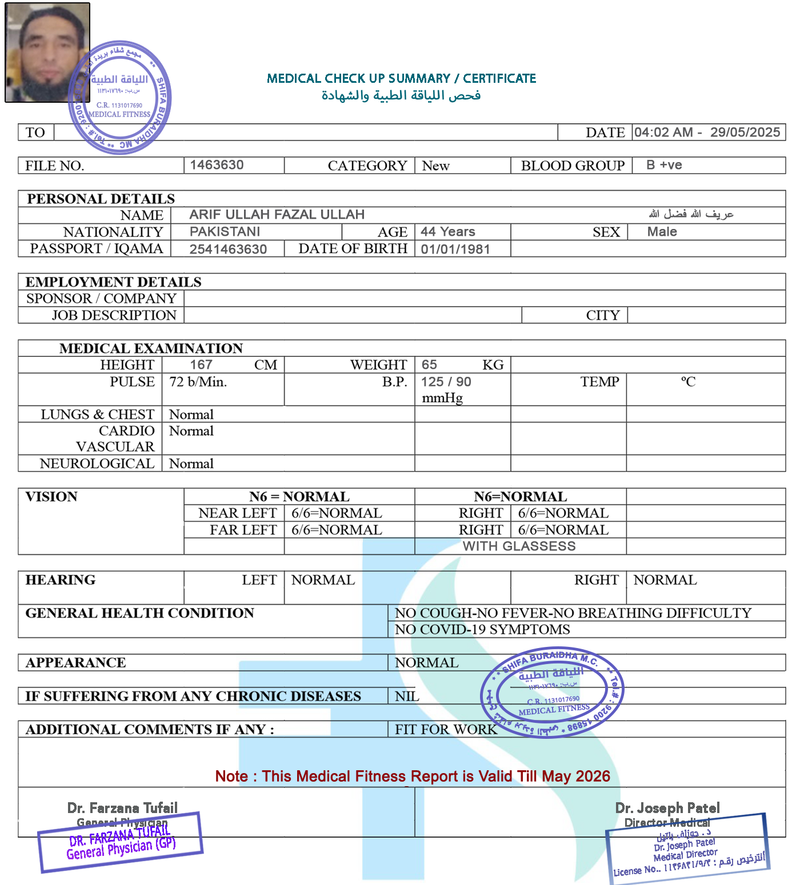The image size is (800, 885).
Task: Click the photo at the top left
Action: coord(48,53)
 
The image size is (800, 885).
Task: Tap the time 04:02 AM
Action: coord(663,132)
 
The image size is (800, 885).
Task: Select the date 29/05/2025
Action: coord(745,132)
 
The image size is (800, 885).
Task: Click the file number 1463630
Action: coord(217,165)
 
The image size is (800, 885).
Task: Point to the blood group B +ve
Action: coord(664,165)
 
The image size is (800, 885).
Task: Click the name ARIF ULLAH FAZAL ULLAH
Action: coord(277,215)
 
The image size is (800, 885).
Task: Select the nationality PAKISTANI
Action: coord(225,232)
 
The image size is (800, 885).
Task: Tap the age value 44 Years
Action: coord(448,232)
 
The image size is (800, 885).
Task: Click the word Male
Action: coord(662,232)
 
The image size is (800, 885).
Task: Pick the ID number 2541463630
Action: coord(228,250)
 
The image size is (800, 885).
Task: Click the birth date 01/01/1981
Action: coord(455,250)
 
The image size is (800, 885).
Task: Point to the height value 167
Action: coord(201,365)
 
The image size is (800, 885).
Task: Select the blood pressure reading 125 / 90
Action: coord(446,382)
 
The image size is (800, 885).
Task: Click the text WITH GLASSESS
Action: coord(519,546)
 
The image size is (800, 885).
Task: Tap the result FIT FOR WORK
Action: coord(446,729)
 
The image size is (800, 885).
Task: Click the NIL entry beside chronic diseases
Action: coord(407,696)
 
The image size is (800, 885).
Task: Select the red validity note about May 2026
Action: coord(413,777)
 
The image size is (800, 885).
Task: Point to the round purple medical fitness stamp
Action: coord(552,692)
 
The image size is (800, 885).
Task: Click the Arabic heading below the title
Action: coord(401,95)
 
